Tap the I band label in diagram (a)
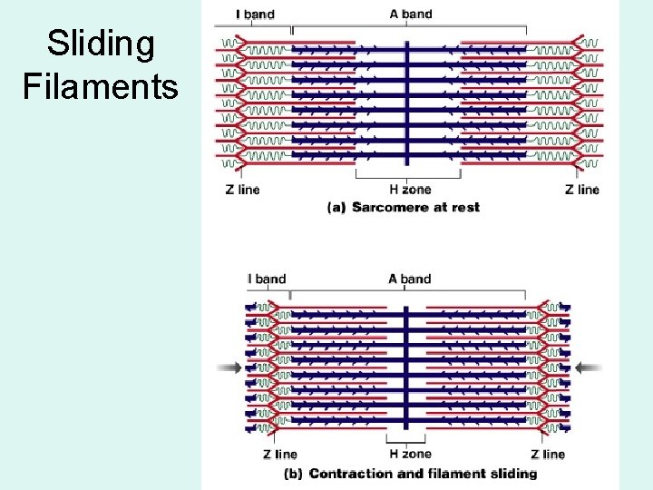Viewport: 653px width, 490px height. click(x=255, y=15)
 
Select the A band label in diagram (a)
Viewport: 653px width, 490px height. click(x=411, y=14)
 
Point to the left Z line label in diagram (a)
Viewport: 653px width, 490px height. click(x=241, y=190)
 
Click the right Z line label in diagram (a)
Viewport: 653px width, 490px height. click(x=581, y=190)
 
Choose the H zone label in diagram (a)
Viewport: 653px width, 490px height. click(x=410, y=190)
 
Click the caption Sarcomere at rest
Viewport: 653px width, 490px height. click(x=415, y=207)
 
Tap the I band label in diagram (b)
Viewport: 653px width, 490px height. click(x=266, y=279)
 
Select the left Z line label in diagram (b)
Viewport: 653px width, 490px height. click(x=280, y=455)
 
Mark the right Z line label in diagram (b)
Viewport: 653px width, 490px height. click(x=548, y=455)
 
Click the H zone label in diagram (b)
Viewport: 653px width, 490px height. click(x=410, y=455)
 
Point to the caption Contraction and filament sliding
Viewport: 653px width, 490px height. click(x=423, y=473)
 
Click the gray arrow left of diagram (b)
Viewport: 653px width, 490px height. click(x=230, y=367)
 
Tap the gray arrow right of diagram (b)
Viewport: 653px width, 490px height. click(x=590, y=367)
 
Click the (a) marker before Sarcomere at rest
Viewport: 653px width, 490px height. click(x=336, y=207)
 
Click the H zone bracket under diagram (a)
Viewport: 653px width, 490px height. click(x=409, y=174)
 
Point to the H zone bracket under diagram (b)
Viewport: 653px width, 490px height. click(x=409, y=439)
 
